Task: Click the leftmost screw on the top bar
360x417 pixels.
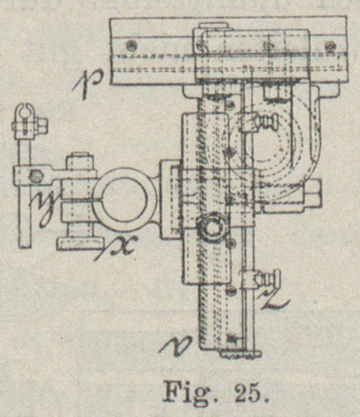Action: click(132, 45)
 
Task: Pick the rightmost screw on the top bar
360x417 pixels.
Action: click(330, 46)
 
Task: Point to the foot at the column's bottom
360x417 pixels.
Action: click(240, 355)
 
